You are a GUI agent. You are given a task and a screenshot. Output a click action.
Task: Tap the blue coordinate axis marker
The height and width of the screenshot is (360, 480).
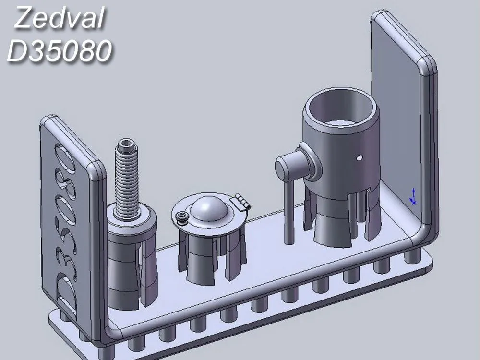click(412, 197)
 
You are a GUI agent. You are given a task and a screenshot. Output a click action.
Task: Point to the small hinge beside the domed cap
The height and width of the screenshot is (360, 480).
click(242, 201)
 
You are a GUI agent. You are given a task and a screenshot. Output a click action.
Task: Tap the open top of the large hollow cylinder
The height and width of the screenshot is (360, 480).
click(341, 108)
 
